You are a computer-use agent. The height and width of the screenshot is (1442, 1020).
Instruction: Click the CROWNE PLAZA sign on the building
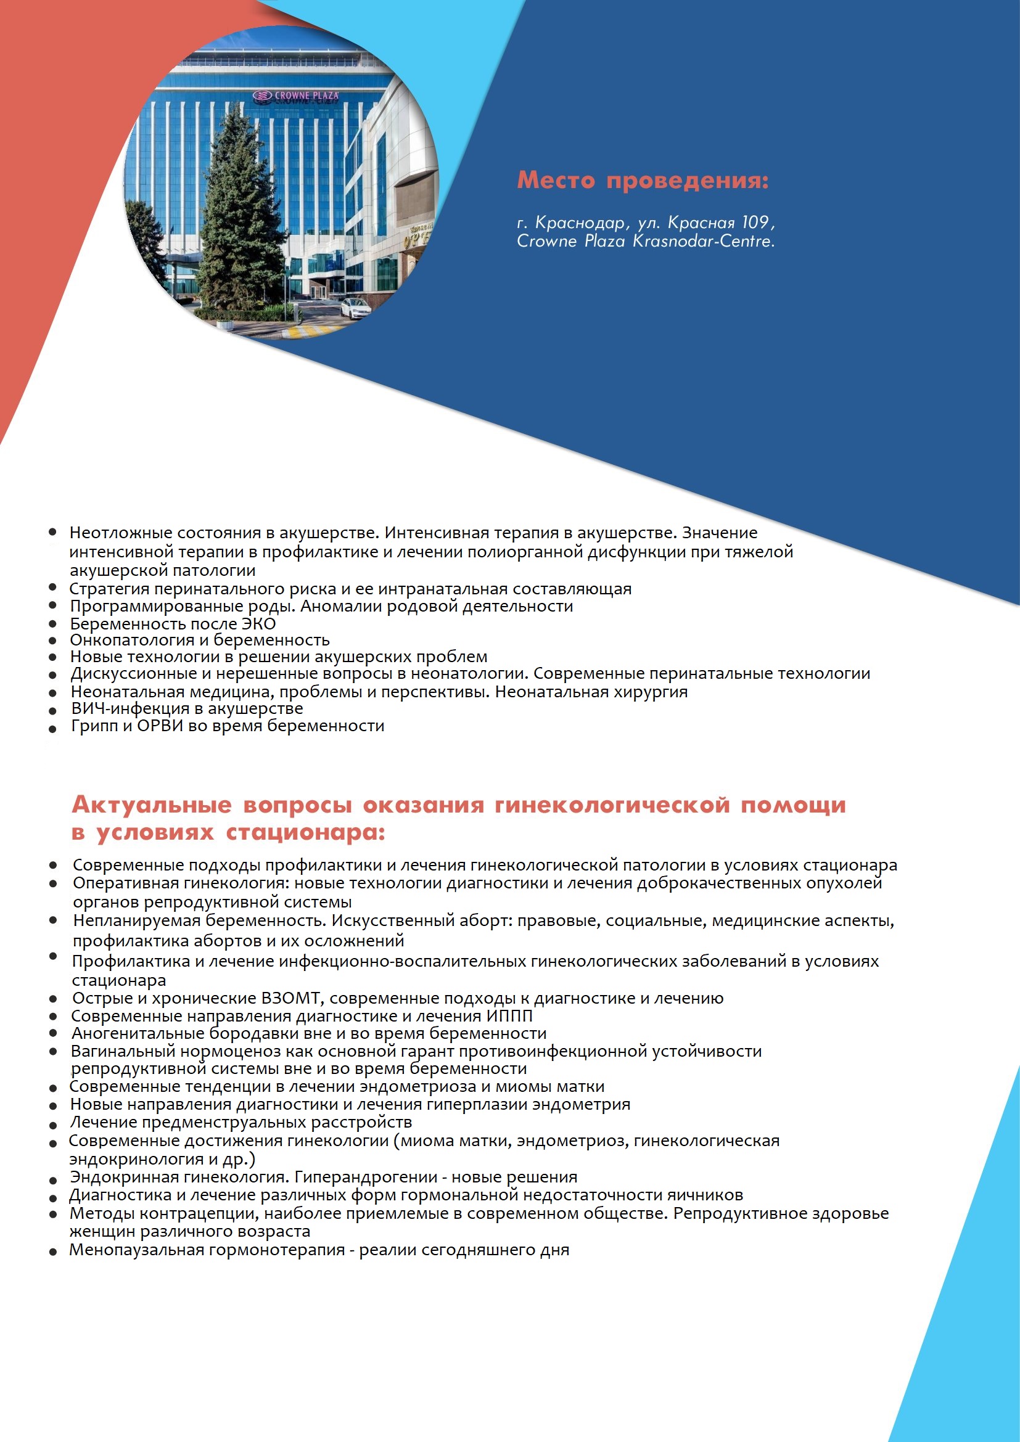pyautogui.click(x=297, y=96)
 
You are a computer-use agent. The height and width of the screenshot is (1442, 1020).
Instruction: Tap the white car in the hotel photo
pyautogui.click(x=355, y=307)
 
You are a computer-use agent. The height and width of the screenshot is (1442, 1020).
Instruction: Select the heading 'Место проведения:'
pyautogui.click(x=643, y=180)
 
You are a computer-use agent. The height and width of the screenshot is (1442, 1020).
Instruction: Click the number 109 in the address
pyautogui.click(x=754, y=223)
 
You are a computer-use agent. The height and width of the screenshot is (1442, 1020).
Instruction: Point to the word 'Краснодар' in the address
pyautogui.click(x=580, y=223)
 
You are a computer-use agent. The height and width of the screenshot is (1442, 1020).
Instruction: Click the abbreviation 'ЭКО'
pyautogui.click(x=259, y=624)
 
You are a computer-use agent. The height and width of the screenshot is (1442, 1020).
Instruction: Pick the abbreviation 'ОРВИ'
pyautogui.click(x=160, y=726)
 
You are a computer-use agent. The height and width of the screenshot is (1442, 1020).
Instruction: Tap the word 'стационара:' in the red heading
pyautogui.click(x=305, y=833)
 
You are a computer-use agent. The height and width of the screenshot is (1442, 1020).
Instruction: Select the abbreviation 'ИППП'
pyautogui.click(x=509, y=1015)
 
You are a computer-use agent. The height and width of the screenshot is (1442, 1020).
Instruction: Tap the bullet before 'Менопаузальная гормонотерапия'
pyautogui.click(x=54, y=1251)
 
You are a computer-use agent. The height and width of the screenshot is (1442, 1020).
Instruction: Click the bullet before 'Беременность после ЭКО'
pyautogui.click(x=54, y=624)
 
